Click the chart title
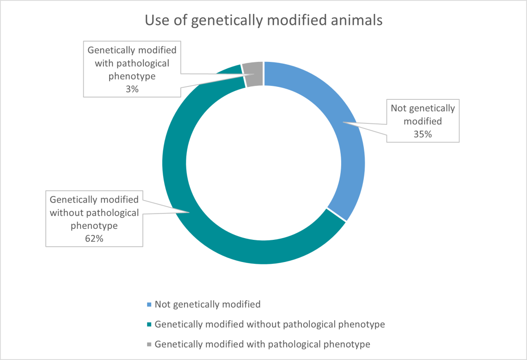point(263,20)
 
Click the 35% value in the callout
point(423,134)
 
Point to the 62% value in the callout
point(94,239)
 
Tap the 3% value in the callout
point(132,90)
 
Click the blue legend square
point(149,305)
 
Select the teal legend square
point(149,324)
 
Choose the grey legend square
point(149,344)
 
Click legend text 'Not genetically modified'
point(208,305)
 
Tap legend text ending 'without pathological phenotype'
point(270,324)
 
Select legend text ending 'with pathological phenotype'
point(263,344)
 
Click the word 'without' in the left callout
point(66,213)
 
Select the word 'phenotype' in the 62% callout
point(94,226)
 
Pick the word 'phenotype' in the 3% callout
point(132,76)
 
